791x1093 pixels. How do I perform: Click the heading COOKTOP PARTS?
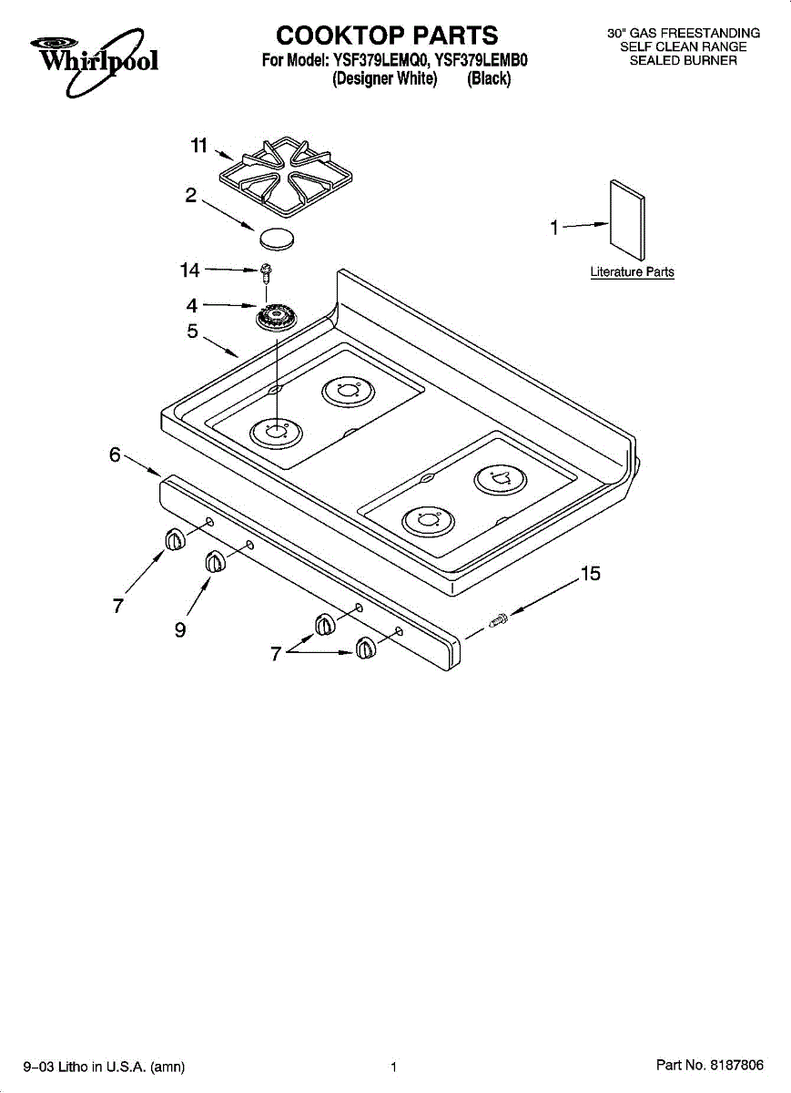coord(387,36)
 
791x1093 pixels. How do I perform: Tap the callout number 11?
coord(199,145)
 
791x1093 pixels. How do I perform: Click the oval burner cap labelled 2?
coord(278,240)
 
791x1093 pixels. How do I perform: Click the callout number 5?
coord(192,332)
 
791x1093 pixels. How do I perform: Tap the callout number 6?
coord(116,455)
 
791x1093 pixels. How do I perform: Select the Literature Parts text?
coord(632,272)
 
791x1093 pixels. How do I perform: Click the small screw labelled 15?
coord(499,621)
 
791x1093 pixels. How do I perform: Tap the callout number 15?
coord(590,574)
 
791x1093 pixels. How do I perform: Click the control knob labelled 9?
coord(214,563)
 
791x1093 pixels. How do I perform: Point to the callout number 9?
coord(181,630)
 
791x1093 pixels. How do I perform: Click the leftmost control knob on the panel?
coord(174,540)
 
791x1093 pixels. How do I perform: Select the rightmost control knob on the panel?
coord(365,648)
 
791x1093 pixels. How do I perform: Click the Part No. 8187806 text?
coord(709,1065)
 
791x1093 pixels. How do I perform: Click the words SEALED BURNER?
coord(684,60)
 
